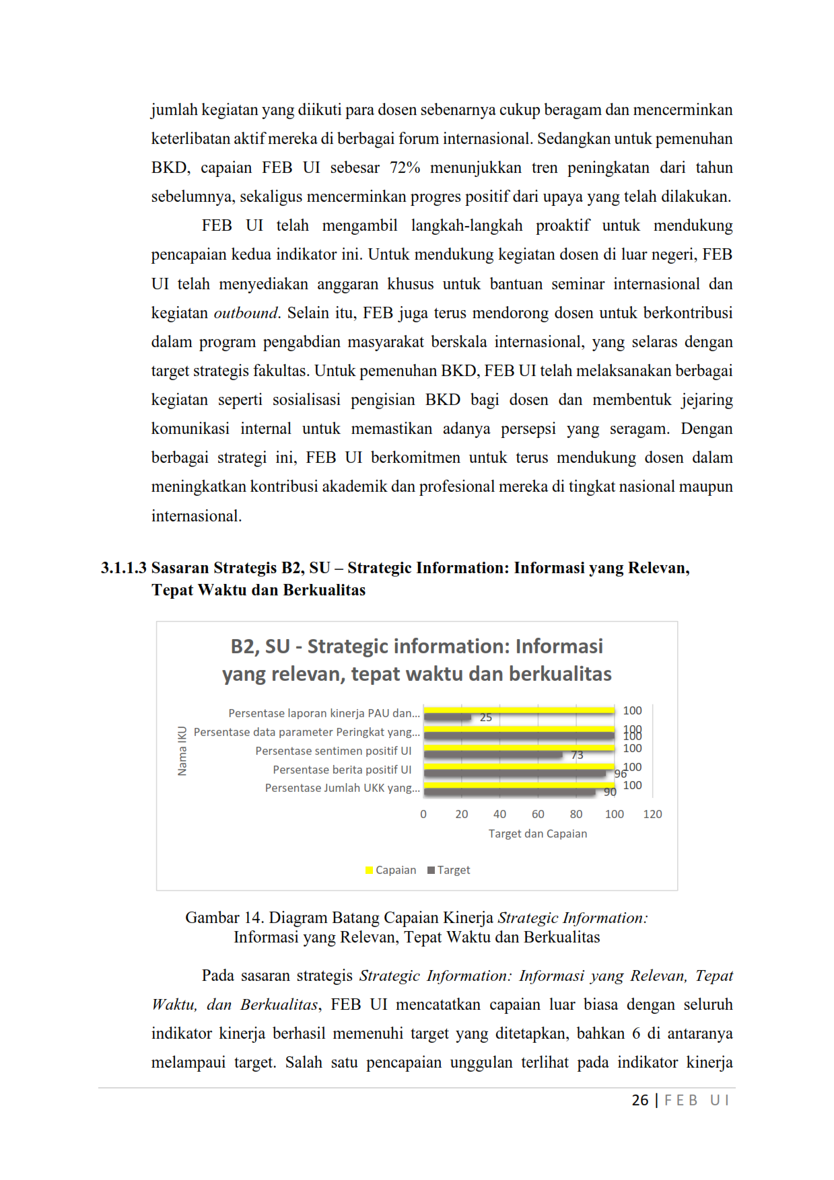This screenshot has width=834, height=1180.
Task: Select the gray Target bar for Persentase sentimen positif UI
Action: [x=493, y=755]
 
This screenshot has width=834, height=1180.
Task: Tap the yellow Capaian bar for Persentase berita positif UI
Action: [x=518, y=766]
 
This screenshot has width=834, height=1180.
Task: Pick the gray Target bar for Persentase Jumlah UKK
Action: [x=509, y=792]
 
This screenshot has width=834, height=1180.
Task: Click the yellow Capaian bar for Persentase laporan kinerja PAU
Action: [x=518, y=710]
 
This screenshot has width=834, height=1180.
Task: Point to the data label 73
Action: [x=577, y=755]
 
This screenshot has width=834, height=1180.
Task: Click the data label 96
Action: [x=620, y=774]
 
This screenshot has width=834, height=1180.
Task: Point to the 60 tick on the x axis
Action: [x=538, y=814]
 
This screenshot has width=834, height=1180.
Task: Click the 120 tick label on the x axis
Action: [x=652, y=814]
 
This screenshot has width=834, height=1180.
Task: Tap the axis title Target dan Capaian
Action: [x=537, y=834]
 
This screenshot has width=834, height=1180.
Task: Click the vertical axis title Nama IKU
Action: [x=182, y=751]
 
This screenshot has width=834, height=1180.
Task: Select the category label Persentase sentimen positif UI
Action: [x=333, y=751]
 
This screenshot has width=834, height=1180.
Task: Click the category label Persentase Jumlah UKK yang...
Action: [x=342, y=788]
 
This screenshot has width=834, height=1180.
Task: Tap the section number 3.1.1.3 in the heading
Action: [x=123, y=568]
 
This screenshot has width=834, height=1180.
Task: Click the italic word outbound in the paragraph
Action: [x=245, y=313]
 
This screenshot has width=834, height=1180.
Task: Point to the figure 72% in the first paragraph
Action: [x=405, y=168]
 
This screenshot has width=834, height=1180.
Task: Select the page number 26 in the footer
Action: [x=639, y=1100]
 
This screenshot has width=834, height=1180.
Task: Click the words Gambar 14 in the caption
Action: [x=223, y=918]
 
